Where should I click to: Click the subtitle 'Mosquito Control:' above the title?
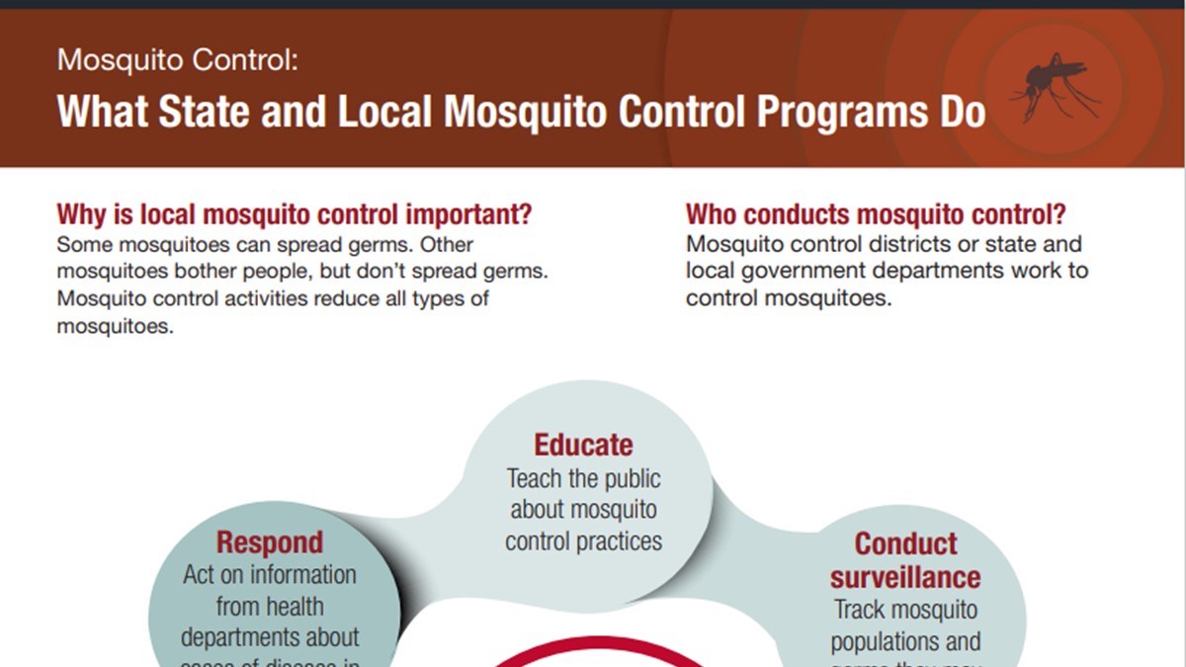point(177,60)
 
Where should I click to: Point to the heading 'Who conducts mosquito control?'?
point(876,214)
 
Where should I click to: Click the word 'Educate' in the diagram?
point(583,445)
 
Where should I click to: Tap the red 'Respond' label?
point(270,542)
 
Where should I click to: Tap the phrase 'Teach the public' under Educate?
point(583,479)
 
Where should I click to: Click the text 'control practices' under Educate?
point(583,542)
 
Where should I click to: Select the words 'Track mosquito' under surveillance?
point(905,610)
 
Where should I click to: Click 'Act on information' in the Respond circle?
point(270,574)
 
